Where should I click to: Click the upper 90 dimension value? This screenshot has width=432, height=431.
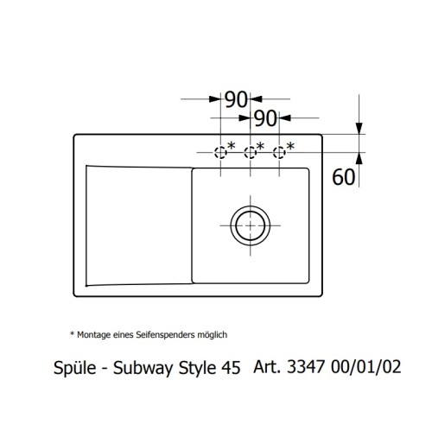coord(236,98)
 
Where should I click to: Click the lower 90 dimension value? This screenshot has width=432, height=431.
coord(265,117)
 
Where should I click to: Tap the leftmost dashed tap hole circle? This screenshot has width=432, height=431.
coord(221,153)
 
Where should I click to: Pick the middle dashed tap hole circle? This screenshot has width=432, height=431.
coord(251,153)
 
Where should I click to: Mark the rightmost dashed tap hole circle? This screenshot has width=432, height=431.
coord(279,153)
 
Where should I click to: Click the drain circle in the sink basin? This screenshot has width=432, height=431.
coord(251,224)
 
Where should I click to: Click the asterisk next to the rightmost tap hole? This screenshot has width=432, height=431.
coord(290,145)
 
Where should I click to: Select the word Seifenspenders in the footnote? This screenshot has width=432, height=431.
coord(163,333)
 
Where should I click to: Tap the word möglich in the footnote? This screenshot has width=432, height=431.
coord(212,333)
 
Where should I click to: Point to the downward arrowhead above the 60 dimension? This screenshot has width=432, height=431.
coord(359,130)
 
